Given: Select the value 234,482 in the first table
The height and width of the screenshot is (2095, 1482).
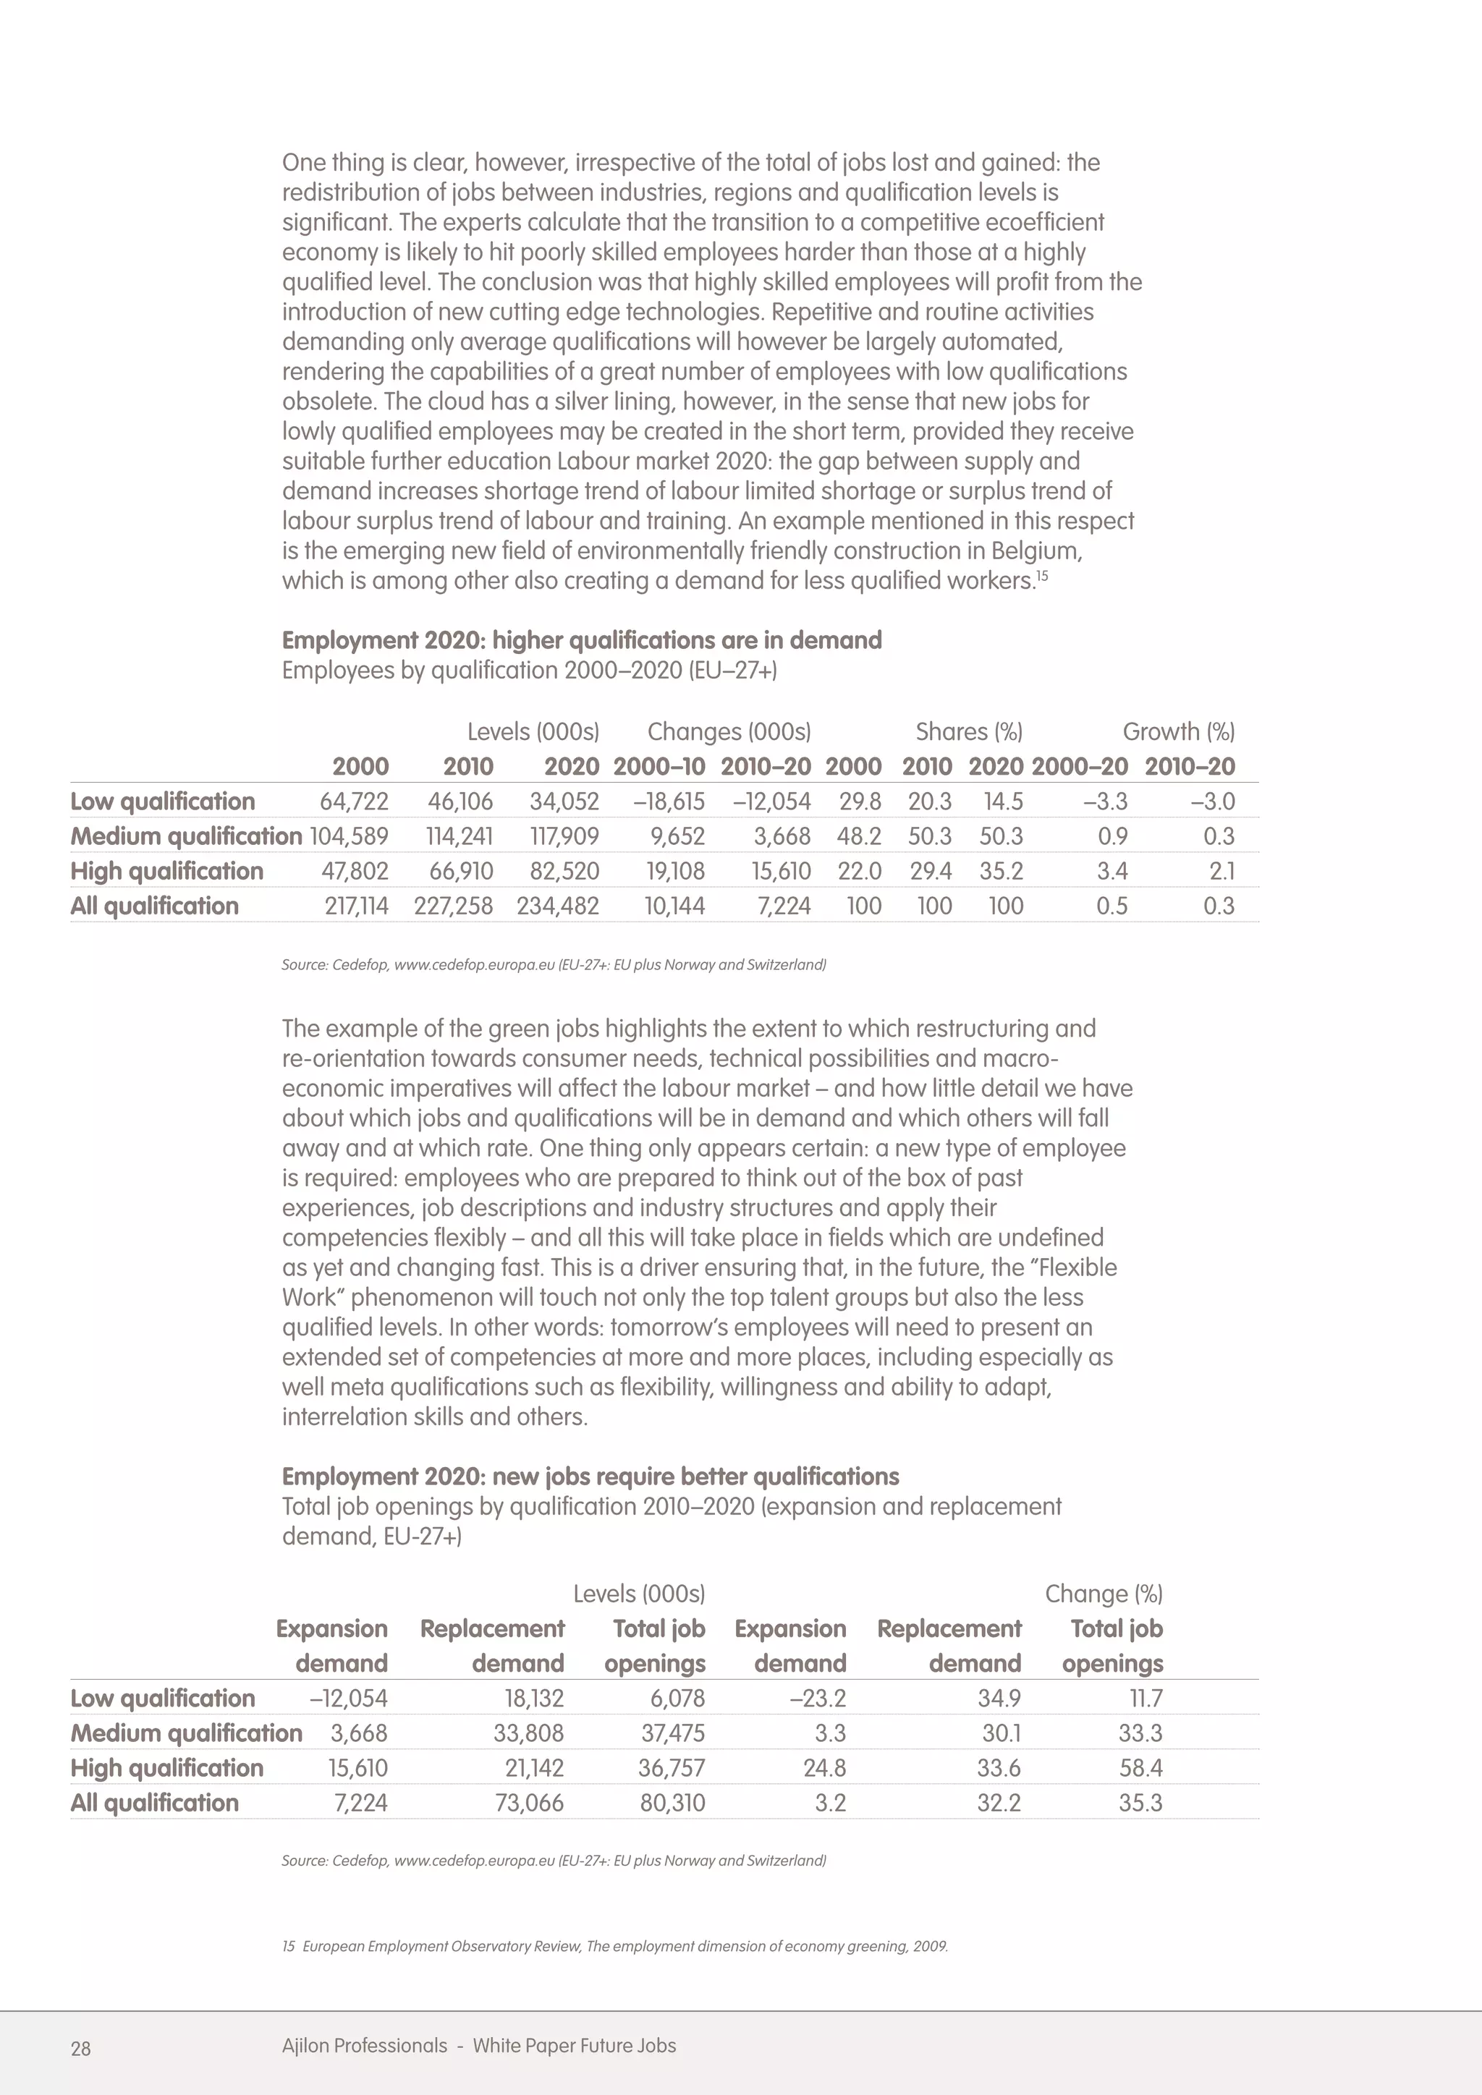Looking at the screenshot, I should (x=558, y=905).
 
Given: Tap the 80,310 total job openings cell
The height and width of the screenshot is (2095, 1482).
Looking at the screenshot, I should (x=672, y=1802).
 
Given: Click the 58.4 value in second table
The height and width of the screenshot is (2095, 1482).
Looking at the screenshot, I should (x=1140, y=1767).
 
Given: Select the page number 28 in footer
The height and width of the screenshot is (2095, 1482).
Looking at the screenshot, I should (x=80, y=2049).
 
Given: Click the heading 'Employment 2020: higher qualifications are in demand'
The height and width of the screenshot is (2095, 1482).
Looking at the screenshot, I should (x=581, y=639).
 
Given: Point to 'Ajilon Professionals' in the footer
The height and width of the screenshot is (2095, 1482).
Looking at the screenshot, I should (x=364, y=2045).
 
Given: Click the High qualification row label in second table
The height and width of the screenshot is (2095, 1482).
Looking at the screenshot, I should (x=167, y=1767).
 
